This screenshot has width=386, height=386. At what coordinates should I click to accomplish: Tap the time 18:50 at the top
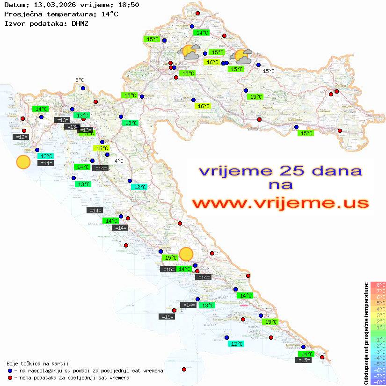click(x=128, y=5)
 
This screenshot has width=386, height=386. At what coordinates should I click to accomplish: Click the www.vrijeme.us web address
click(x=280, y=203)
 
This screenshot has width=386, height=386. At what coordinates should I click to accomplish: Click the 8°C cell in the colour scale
click(x=378, y=284)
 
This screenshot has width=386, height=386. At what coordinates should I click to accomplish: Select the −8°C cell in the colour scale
click(x=378, y=382)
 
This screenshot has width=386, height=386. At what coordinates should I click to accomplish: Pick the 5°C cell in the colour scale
click(x=378, y=303)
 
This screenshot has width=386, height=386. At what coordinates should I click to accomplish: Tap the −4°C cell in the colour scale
click(x=378, y=357)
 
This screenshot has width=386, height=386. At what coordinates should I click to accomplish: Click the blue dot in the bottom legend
click(x=9, y=371)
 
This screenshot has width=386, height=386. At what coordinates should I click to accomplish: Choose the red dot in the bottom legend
click(x=9, y=378)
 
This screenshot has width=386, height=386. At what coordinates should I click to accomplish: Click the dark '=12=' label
click(x=21, y=137)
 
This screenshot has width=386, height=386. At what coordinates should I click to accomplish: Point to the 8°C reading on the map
click(x=80, y=80)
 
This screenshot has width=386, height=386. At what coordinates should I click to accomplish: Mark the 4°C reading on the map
click(x=119, y=161)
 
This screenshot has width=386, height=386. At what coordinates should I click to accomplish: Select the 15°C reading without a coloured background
click(x=269, y=71)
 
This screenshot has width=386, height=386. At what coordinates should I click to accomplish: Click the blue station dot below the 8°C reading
click(x=83, y=88)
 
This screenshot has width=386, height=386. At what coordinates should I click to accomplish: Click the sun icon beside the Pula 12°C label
click(x=23, y=162)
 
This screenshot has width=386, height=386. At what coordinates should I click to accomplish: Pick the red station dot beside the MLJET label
click(x=271, y=337)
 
